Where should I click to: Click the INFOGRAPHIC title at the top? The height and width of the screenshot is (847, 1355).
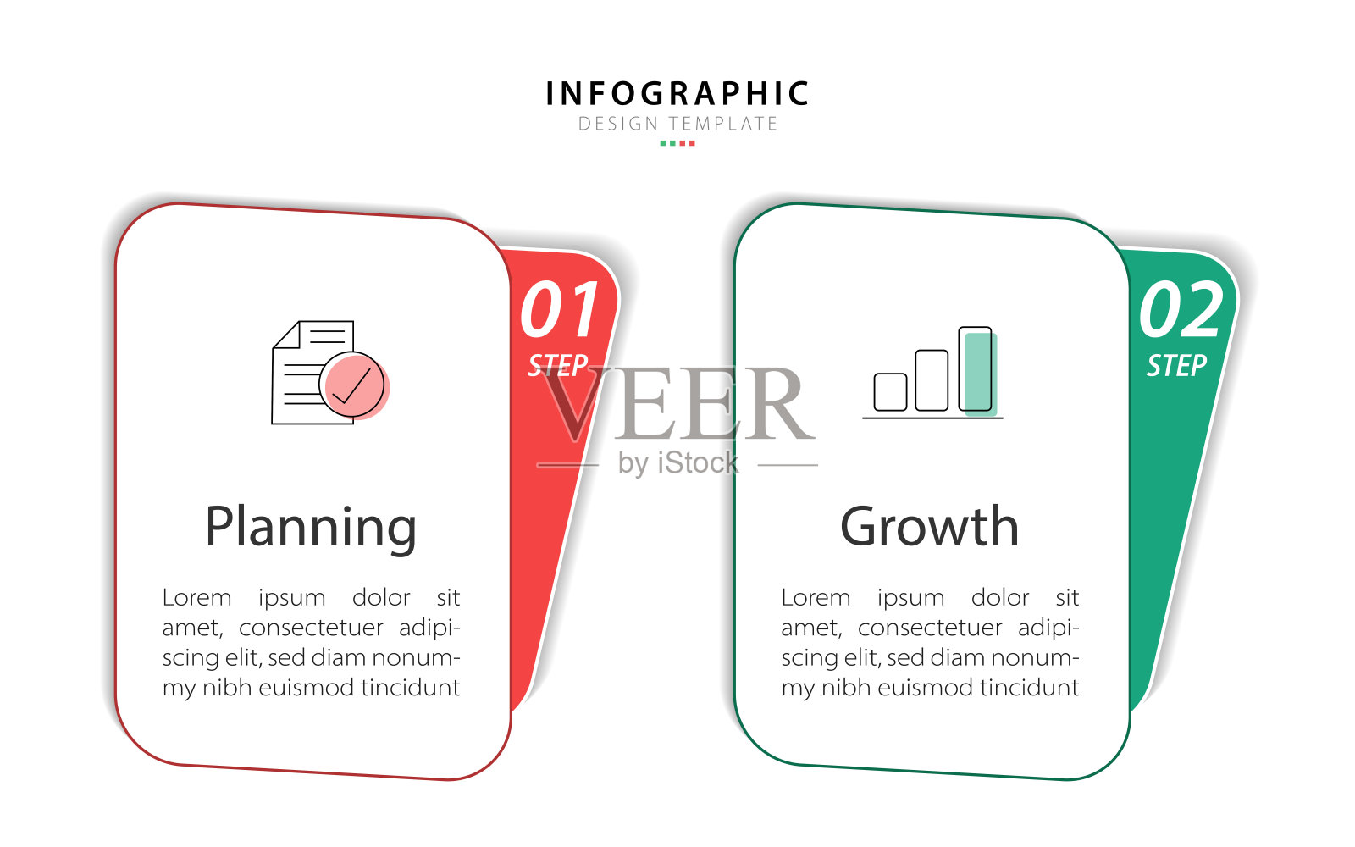[x=677, y=94]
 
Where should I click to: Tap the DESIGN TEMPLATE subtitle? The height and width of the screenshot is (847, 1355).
[x=677, y=124]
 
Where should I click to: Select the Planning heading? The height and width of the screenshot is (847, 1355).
[x=311, y=529]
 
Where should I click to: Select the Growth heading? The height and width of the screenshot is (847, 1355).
[x=930, y=527]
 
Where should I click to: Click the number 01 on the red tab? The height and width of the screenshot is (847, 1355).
[x=560, y=309]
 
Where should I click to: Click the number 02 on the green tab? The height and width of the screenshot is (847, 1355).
[x=1181, y=309]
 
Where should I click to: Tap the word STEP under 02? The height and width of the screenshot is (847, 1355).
[x=1176, y=366]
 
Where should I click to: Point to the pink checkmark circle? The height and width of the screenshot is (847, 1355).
[x=356, y=386]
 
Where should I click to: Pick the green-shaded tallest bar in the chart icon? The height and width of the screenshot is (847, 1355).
[x=978, y=370]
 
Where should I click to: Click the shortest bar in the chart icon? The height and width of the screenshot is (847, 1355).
[x=890, y=392]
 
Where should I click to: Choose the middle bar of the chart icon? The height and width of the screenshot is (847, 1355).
[x=932, y=380]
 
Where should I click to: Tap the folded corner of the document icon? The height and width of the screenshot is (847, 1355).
[x=287, y=335]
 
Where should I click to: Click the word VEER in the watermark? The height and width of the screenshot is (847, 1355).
[x=677, y=403]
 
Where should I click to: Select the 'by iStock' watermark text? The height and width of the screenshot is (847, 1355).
[x=678, y=463]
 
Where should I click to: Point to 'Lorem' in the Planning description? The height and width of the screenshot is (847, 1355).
[x=196, y=598]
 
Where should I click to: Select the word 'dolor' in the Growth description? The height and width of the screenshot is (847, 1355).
[x=1000, y=597]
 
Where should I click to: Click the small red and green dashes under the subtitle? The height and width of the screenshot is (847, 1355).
[x=677, y=143]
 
